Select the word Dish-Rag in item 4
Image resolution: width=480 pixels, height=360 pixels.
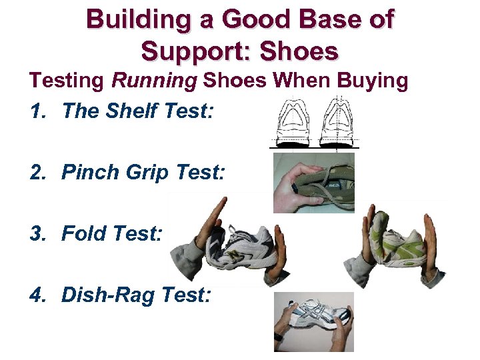click(x=110, y=295)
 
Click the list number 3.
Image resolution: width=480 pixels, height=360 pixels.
click(x=37, y=234)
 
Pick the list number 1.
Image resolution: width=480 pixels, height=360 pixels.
click(x=35, y=111)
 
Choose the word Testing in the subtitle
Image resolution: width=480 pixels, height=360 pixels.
click(x=66, y=81)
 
